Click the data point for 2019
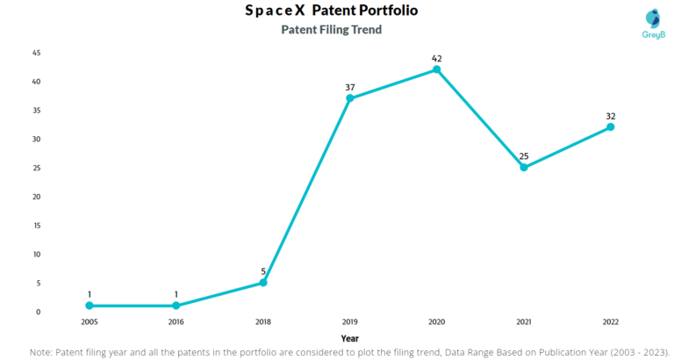point(350,98)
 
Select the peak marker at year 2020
point(437,69)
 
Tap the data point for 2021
point(524,167)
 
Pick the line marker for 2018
point(263,283)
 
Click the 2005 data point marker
point(90,306)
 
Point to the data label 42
point(437,58)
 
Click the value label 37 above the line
point(350,87)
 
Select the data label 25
point(524,156)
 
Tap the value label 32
point(611,116)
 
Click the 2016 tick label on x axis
point(176,322)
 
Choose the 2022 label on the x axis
point(611,322)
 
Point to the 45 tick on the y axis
point(37,53)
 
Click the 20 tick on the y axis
point(37,197)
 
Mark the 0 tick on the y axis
point(39,312)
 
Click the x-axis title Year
point(349,337)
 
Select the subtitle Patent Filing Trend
point(331,30)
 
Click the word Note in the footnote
point(41,351)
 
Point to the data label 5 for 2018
point(263,271)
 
